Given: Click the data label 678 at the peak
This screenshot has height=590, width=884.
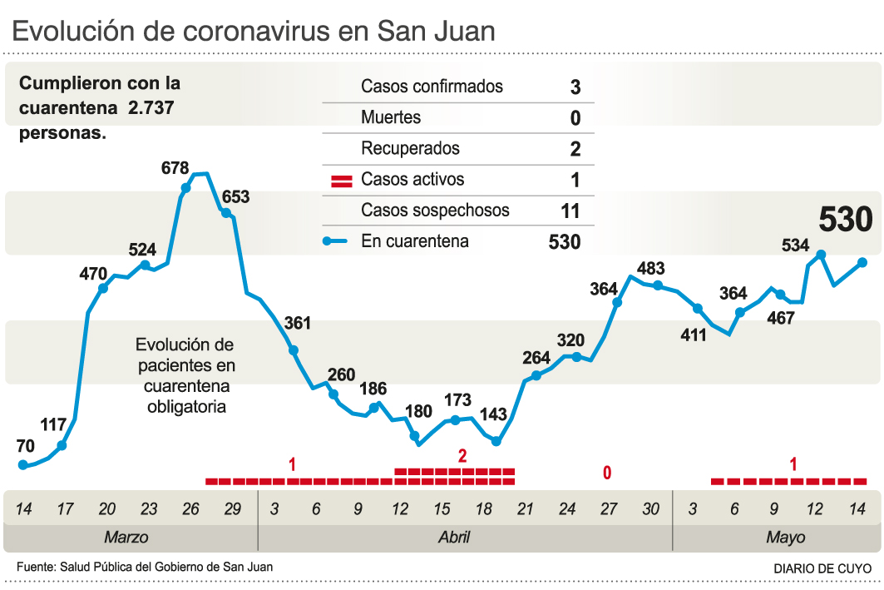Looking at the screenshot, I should click(x=175, y=168).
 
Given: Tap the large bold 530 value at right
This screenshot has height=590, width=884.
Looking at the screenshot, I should click(x=845, y=220).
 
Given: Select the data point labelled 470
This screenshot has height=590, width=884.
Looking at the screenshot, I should click(x=103, y=289).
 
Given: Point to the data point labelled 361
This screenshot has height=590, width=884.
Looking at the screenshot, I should click(x=294, y=350).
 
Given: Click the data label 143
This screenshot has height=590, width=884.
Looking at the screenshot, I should click(x=493, y=414).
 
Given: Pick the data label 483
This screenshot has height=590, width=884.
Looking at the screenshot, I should click(x=650, y=269).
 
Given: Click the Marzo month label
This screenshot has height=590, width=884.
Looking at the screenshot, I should click(x=126, y=538).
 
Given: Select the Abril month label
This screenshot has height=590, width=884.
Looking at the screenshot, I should click(x=453, y=538).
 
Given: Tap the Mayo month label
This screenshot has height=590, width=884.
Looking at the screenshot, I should click(x=786, y=538).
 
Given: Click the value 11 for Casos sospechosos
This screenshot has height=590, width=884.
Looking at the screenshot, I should click(x=570, y=211).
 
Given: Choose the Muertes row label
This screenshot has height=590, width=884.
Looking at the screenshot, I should click(x=391, y=117).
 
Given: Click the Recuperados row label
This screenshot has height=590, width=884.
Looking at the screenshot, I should click(x=410, y=149).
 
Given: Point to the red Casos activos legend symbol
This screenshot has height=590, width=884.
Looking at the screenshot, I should click(x=342, y=181).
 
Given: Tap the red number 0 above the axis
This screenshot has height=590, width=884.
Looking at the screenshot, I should click(x=607, y=473).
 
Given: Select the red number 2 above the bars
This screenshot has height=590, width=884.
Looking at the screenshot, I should click(x=462, y=455).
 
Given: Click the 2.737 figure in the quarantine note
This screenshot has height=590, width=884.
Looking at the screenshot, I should click(x=151, y=108).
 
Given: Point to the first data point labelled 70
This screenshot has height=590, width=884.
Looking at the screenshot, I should click(x=23, y=465).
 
